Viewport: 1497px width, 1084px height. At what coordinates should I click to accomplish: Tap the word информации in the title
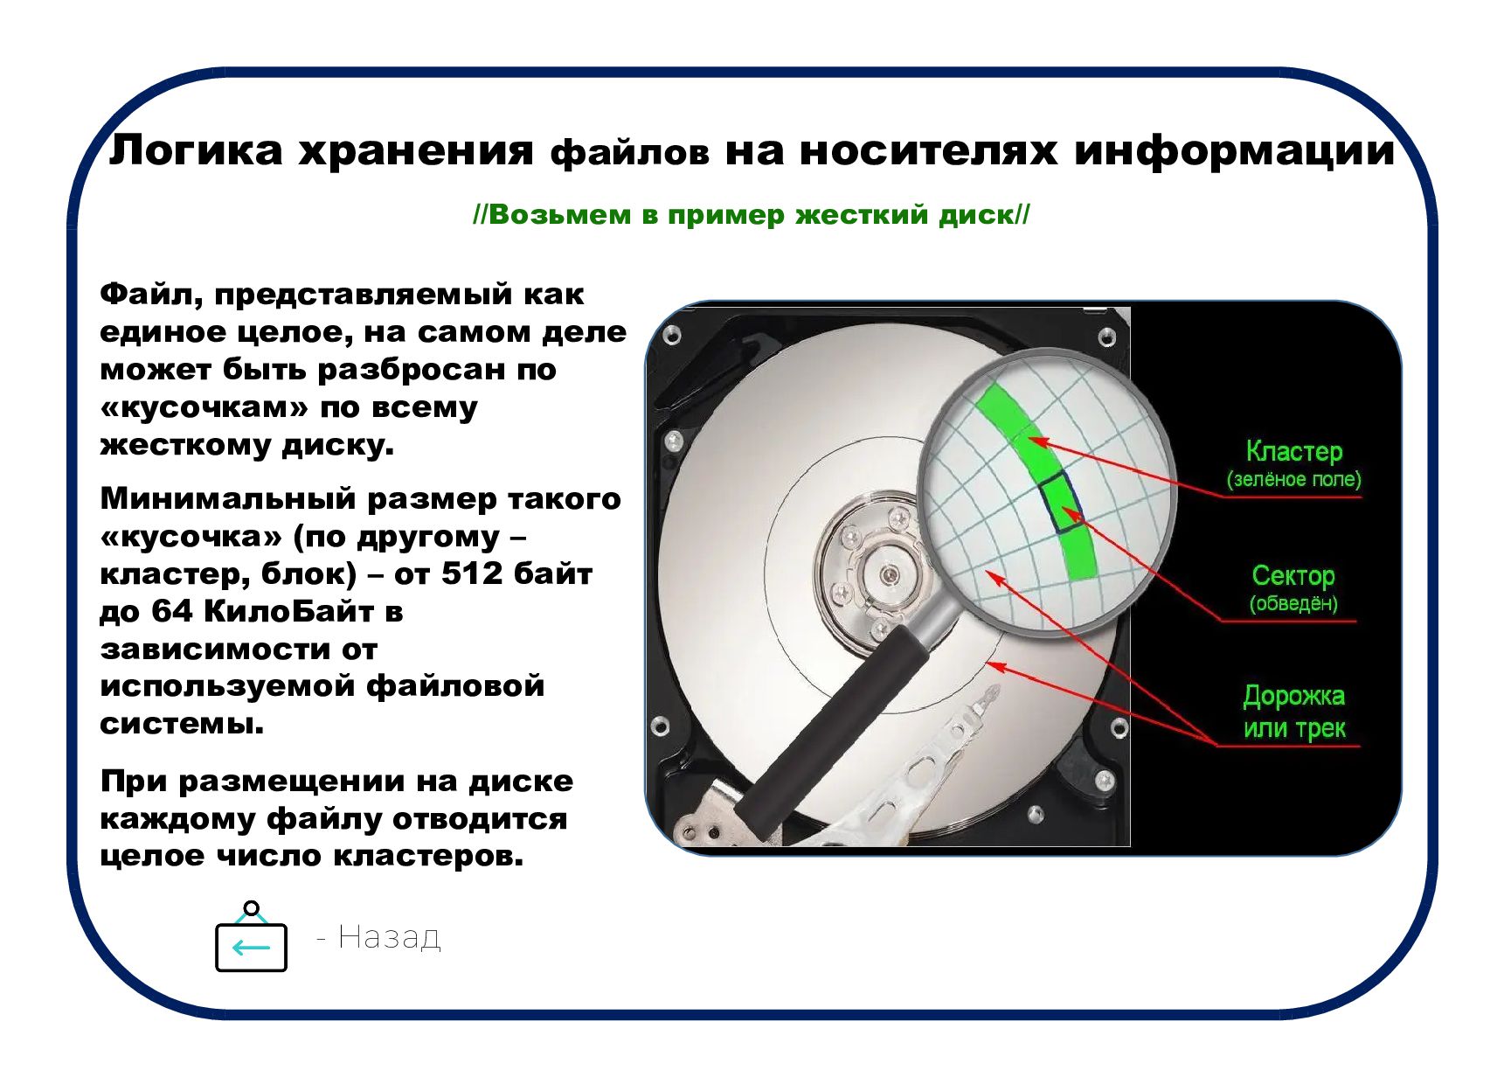[1234, 151]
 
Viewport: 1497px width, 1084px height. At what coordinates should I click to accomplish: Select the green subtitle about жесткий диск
[752, 215]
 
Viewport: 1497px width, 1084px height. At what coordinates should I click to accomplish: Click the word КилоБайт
[288, 610]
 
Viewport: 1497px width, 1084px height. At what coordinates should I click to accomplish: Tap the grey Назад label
[389, 936]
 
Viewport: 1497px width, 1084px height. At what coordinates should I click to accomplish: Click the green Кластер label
[1294, 451]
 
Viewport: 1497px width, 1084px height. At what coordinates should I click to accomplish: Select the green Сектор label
[1293, 575]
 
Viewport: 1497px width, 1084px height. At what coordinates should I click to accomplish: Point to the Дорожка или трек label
[1294, 712]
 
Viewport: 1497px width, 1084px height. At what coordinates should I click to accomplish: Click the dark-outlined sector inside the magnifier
[1061, 501]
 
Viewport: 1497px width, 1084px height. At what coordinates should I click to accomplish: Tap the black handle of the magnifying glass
[831, 732]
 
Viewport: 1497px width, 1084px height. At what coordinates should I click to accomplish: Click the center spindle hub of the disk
[890, 573]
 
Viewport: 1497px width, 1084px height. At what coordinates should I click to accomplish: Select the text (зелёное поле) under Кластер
[1294, 479]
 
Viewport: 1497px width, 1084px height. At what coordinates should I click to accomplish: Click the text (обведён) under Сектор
[1293, 603]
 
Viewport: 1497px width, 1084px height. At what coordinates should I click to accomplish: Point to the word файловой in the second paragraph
[455, 686]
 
